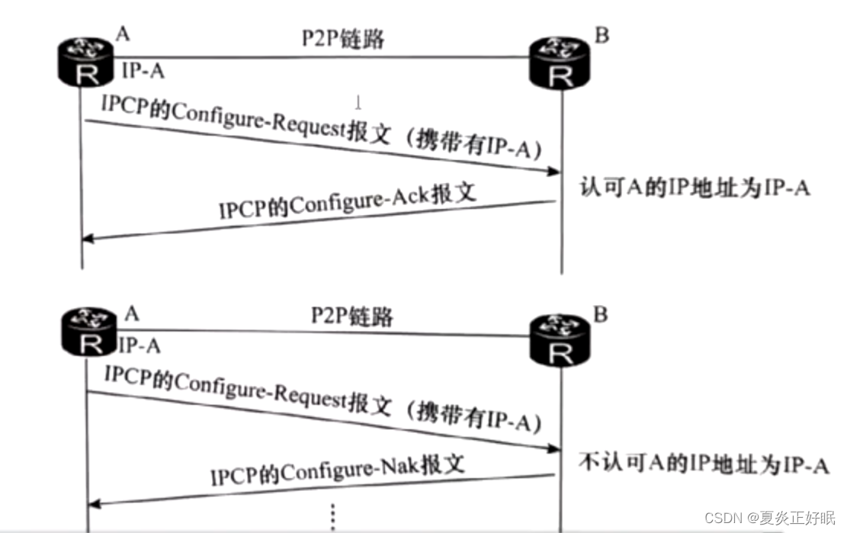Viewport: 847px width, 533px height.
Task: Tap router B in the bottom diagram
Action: [x=562, y=341]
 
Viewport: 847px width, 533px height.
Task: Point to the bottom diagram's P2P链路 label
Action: [x=352, y=314]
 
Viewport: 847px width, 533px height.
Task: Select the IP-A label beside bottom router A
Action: [x=140, y=345]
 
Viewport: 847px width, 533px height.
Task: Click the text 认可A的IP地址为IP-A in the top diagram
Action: [x=695, y=187]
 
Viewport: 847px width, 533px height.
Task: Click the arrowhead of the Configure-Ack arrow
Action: [x=88, y=238]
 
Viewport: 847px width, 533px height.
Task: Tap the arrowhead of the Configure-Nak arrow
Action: [x=94, y=503]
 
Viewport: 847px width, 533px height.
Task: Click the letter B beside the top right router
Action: [x=602, y=36]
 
